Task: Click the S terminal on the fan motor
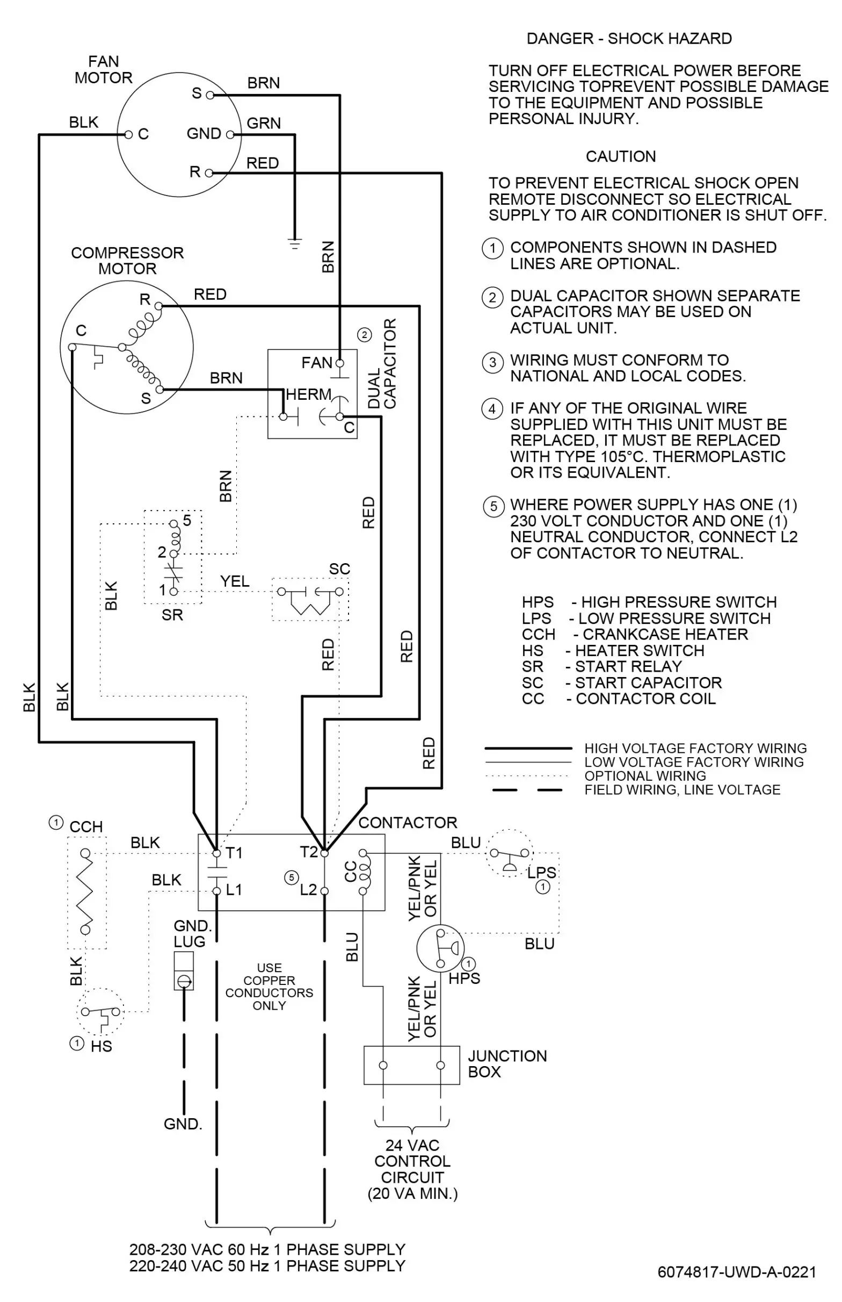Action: (210, 96)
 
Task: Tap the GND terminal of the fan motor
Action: (230, 134)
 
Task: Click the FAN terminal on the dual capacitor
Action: (339, 363)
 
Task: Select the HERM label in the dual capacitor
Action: (308, 394)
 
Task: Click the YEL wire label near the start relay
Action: (235, 581)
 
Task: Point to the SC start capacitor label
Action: (339, 569)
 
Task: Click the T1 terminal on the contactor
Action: (217, 853)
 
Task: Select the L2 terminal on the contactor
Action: (324, 891)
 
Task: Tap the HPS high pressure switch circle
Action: (440, 948)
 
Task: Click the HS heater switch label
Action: (101, 1047)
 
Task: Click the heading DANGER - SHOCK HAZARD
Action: (629, 39)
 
